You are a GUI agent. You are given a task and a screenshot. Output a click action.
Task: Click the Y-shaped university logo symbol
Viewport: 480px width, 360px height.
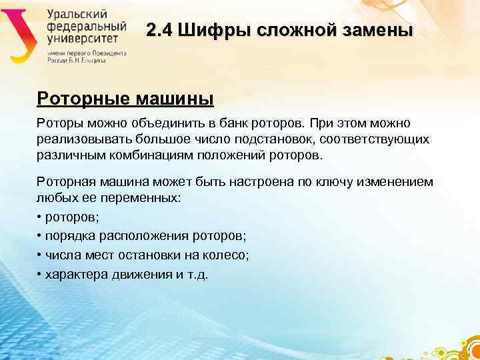pyautogui.click(x=21, y=33)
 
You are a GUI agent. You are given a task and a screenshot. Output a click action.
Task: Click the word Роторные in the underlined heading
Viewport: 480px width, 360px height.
pyautogui.click(x=83, y=99)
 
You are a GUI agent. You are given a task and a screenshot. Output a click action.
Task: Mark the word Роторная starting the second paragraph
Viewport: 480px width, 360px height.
pyautogui.click(x=67, y=182)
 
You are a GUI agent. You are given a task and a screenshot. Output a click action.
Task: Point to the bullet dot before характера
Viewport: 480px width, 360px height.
pyautogui.click(x=39, y=274)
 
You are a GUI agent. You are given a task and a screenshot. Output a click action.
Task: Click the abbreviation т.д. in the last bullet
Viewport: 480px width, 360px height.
pyautogui.click(x=197, y=274)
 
